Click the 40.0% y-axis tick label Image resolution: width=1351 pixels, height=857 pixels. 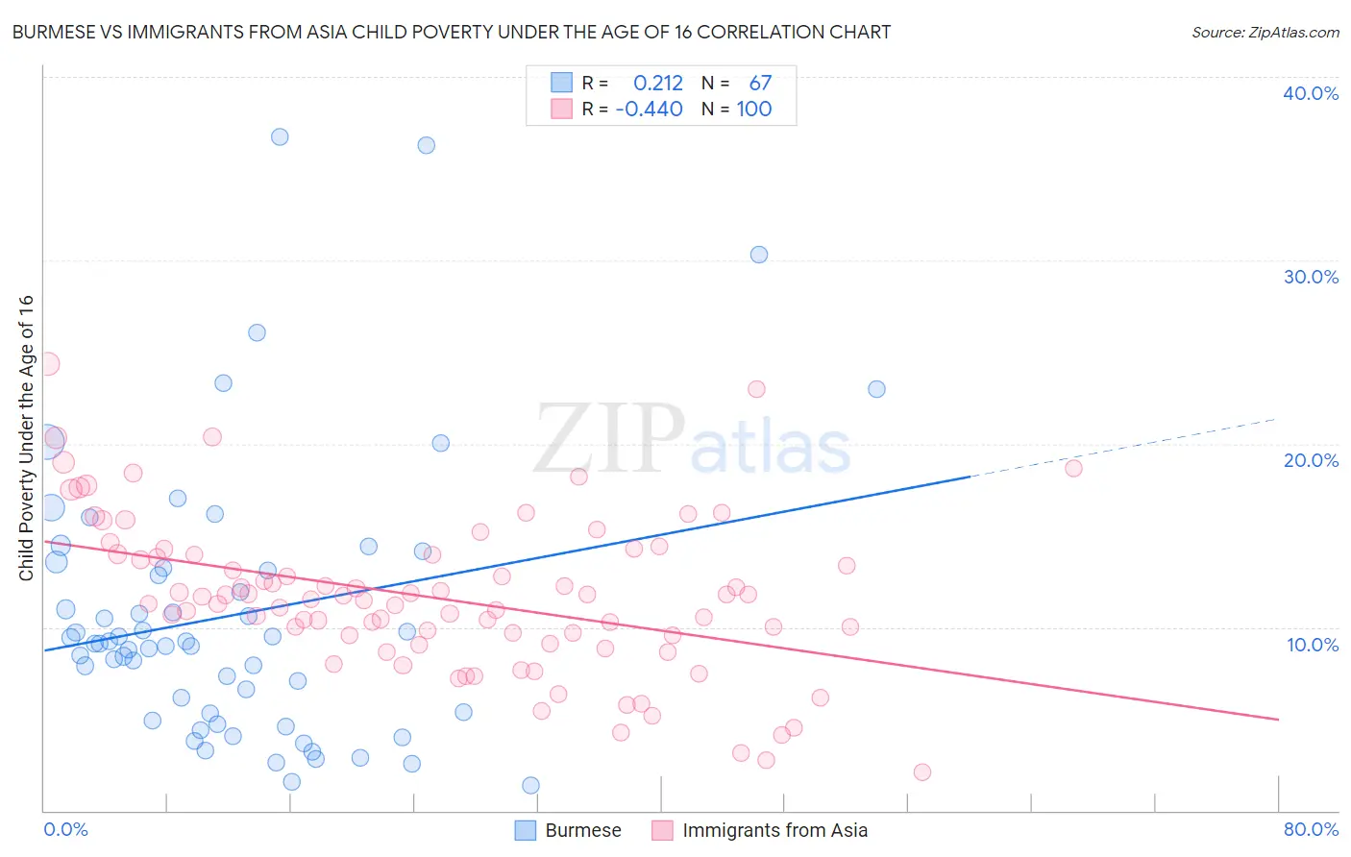[1311, 93]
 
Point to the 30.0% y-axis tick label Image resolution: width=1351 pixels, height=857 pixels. [1311, 277]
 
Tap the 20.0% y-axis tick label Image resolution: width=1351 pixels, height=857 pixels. [1311, 460]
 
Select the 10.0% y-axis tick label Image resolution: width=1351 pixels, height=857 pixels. [1311, 645]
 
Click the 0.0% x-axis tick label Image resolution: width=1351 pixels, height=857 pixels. [65, 829]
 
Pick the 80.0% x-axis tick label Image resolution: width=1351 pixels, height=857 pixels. [1311, 829]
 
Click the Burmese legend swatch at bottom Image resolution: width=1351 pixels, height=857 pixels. [525, 830]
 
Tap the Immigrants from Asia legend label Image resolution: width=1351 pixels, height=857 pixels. [774, 830]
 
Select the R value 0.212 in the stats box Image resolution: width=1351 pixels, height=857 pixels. [658, 84]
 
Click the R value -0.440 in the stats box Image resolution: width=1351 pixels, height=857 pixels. [650, 110]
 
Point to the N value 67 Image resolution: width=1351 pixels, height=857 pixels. [760, 84]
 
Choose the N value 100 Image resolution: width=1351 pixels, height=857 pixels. [754, 110]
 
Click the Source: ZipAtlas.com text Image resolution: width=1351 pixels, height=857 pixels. [1265, 33]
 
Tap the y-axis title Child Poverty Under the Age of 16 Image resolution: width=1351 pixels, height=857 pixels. [27, 437]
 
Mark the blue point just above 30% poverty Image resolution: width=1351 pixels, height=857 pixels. [759, 255]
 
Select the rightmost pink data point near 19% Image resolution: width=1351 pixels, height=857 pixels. [1073, 469]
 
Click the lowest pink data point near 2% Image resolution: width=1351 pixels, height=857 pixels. [921, 772]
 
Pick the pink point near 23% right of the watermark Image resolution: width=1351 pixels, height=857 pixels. [756, 389]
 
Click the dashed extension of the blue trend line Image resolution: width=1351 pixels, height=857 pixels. [1124, 447]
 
